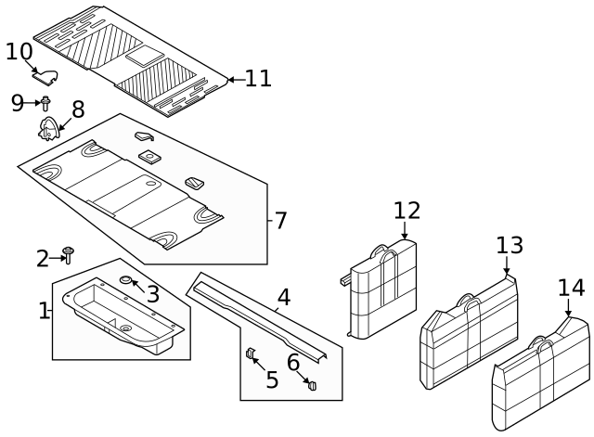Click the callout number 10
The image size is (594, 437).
click(x=19, y=51)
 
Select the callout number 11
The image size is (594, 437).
click(x=258, y=79)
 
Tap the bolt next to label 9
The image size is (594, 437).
click(x=45, y=102)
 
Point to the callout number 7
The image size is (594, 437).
click(x=280, y=221)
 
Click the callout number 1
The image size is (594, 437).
click(x=44, y=311)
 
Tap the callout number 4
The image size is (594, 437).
click(x=284, y=297)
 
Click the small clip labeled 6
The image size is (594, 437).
click(x=312, y=383)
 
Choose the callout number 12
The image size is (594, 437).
click(x=407, y=210)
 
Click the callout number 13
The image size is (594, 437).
click(x=510, y=246)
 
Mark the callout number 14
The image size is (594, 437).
click(x=572, y=288)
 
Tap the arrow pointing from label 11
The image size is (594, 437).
click(x=234, y=80)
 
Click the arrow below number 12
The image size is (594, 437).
click(x=406, y=231)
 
